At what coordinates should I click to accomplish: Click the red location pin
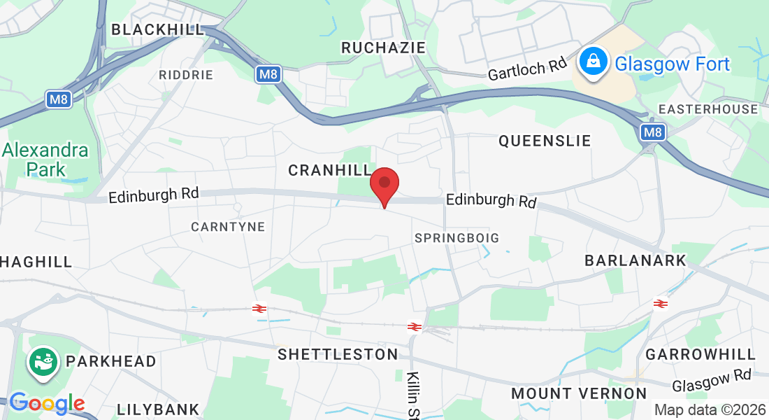point(384,184)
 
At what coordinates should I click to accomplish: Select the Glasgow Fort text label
point(672,64)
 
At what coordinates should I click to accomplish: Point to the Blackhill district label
point(157,29)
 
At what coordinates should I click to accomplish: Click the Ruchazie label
point(383,47)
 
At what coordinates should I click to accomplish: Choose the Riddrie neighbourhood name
point(185,75)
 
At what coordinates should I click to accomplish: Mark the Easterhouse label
point(708,109)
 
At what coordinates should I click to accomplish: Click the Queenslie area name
point(545,141)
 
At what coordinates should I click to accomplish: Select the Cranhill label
point(330,170)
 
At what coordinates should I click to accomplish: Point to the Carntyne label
point(228,227)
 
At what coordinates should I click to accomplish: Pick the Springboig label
point(457,238)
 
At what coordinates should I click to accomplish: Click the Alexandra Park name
point(45,160)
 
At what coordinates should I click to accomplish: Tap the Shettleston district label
point(338,354)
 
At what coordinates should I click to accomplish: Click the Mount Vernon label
point(579,393)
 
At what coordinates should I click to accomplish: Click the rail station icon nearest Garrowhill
point(660,303)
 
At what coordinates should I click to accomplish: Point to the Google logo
point(47,403)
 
